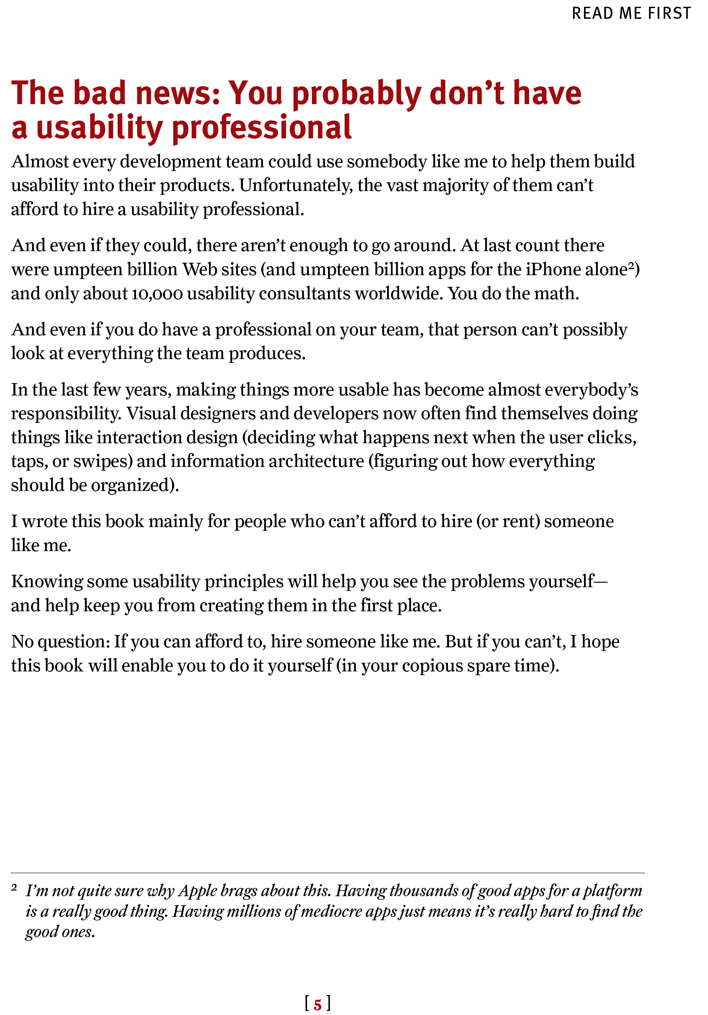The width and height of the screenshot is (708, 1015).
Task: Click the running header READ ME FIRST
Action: click(x=631, y=14)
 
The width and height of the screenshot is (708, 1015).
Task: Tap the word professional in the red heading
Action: click(x=261, y=128)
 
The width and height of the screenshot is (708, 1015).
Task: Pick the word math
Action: click(x=555, y=294)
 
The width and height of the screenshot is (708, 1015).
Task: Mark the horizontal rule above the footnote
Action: click(x=327, y=873)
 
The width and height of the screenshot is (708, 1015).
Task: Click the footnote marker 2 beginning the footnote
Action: click(x=14, y=887)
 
